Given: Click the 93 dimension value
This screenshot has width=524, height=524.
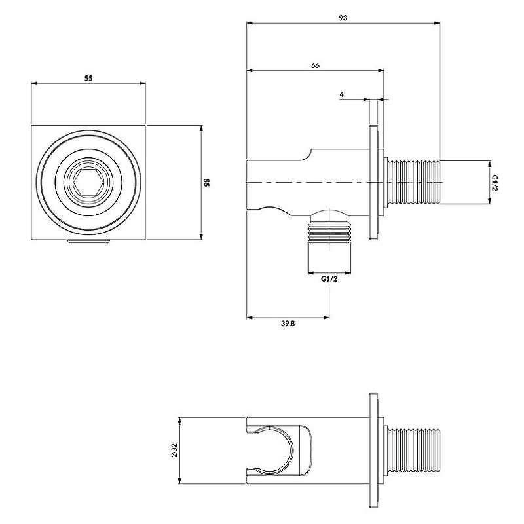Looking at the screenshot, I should click(x=343, y=18).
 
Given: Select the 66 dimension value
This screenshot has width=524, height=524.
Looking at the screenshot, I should click(x=315, y=65).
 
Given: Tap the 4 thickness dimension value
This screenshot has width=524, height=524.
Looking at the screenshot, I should click(x=342, y=95).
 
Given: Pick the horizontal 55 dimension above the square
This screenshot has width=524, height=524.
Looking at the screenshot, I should click(x=88, y=78).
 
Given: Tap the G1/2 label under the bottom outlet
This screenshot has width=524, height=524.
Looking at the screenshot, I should click(x=329, y=279).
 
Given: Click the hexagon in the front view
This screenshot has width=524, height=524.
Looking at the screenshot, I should click(x=88, y=182).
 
